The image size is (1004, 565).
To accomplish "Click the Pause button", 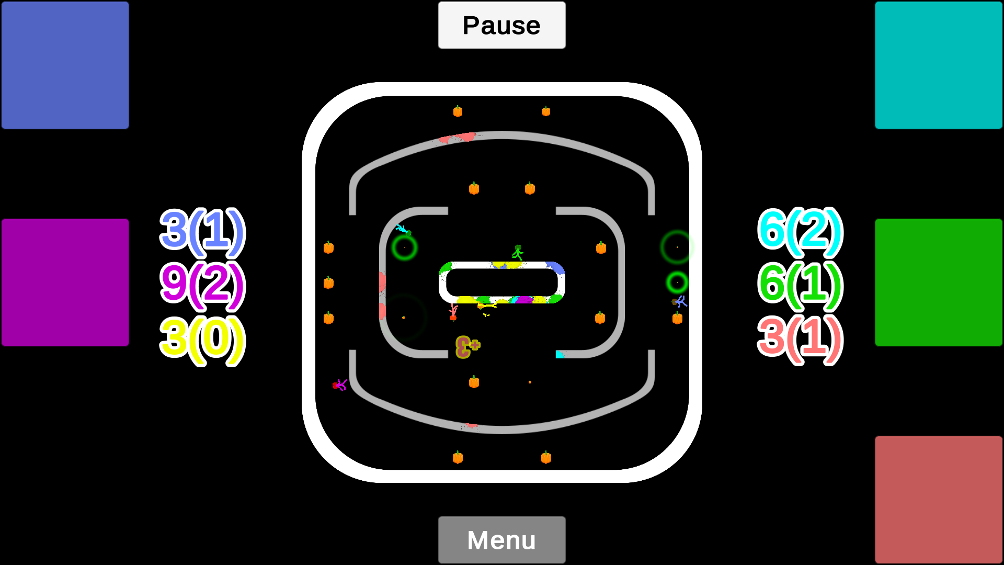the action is [501, 25].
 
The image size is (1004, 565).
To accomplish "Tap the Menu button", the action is [501, 540].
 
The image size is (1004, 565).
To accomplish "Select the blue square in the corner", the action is [65, 65].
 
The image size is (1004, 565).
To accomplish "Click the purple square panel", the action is [65, 282].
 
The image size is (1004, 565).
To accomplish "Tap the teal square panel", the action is [939, 65].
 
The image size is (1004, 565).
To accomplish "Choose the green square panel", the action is [939, 282].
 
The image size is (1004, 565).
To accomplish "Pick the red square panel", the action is [939, 500].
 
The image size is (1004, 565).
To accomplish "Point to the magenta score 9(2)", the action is [203, 285].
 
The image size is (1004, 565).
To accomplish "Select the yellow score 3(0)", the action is [203, 340].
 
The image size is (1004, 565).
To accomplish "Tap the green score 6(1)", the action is [801, 285].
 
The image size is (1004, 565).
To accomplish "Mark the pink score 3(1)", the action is [801, 340].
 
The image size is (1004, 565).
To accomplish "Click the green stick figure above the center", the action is [518, 252].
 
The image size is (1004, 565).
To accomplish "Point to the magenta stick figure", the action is [340, 386].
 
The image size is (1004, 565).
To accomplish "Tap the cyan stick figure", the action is [403, 230].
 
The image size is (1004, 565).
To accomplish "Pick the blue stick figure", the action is [680, 301].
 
